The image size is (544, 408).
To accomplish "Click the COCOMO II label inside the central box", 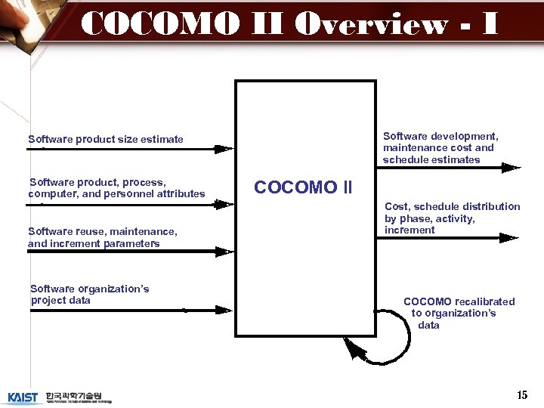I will [303, 187].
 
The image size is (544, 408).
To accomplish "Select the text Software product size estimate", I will [106, 139].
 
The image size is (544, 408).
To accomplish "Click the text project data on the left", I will [60, 301].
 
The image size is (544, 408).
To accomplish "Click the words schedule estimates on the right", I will [431, 160].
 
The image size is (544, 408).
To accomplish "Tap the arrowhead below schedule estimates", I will [512, 168].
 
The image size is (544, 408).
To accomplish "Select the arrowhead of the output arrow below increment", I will [510, 237].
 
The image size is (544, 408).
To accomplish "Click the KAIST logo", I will [23, 397].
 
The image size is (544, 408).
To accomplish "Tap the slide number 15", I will [522, 395].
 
